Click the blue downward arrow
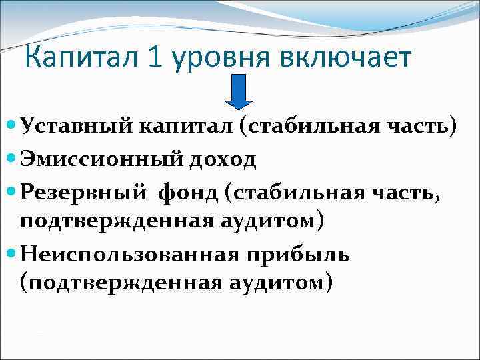pyautogui.click(x=238, y=91)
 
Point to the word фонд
pyautogui.click(x=188, y=193)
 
